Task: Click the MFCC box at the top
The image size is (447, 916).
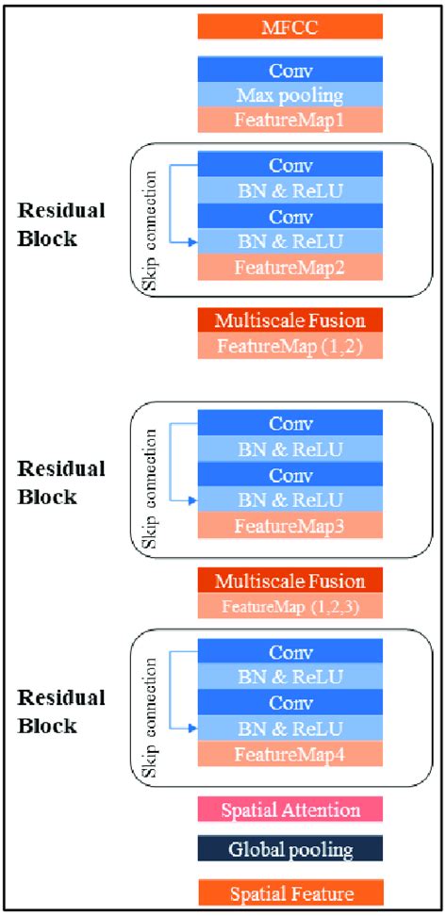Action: [x=290, y=26]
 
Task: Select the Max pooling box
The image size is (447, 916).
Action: [x=290, y=95]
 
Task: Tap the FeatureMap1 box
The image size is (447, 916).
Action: [x=290, y=120]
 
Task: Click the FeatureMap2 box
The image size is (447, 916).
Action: [x=290, y=268]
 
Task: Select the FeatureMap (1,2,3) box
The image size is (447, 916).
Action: [x=290, y=606]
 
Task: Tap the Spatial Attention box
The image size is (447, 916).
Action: [x=290, y=810]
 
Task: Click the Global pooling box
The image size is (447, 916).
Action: [x=290, y=850]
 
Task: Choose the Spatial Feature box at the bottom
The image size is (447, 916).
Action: [x=290, y=892]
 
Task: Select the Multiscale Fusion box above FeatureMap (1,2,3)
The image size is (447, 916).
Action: [x=290, y=580]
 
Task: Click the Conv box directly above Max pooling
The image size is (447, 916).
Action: [x=290, y=71]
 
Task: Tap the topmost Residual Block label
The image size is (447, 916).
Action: [x=60, y=223]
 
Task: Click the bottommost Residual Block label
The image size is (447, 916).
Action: [x=60, y=712]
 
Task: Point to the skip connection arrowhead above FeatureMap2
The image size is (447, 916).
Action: [x=192, y=242]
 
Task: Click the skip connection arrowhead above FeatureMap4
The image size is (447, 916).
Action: [x=192, y=727]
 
